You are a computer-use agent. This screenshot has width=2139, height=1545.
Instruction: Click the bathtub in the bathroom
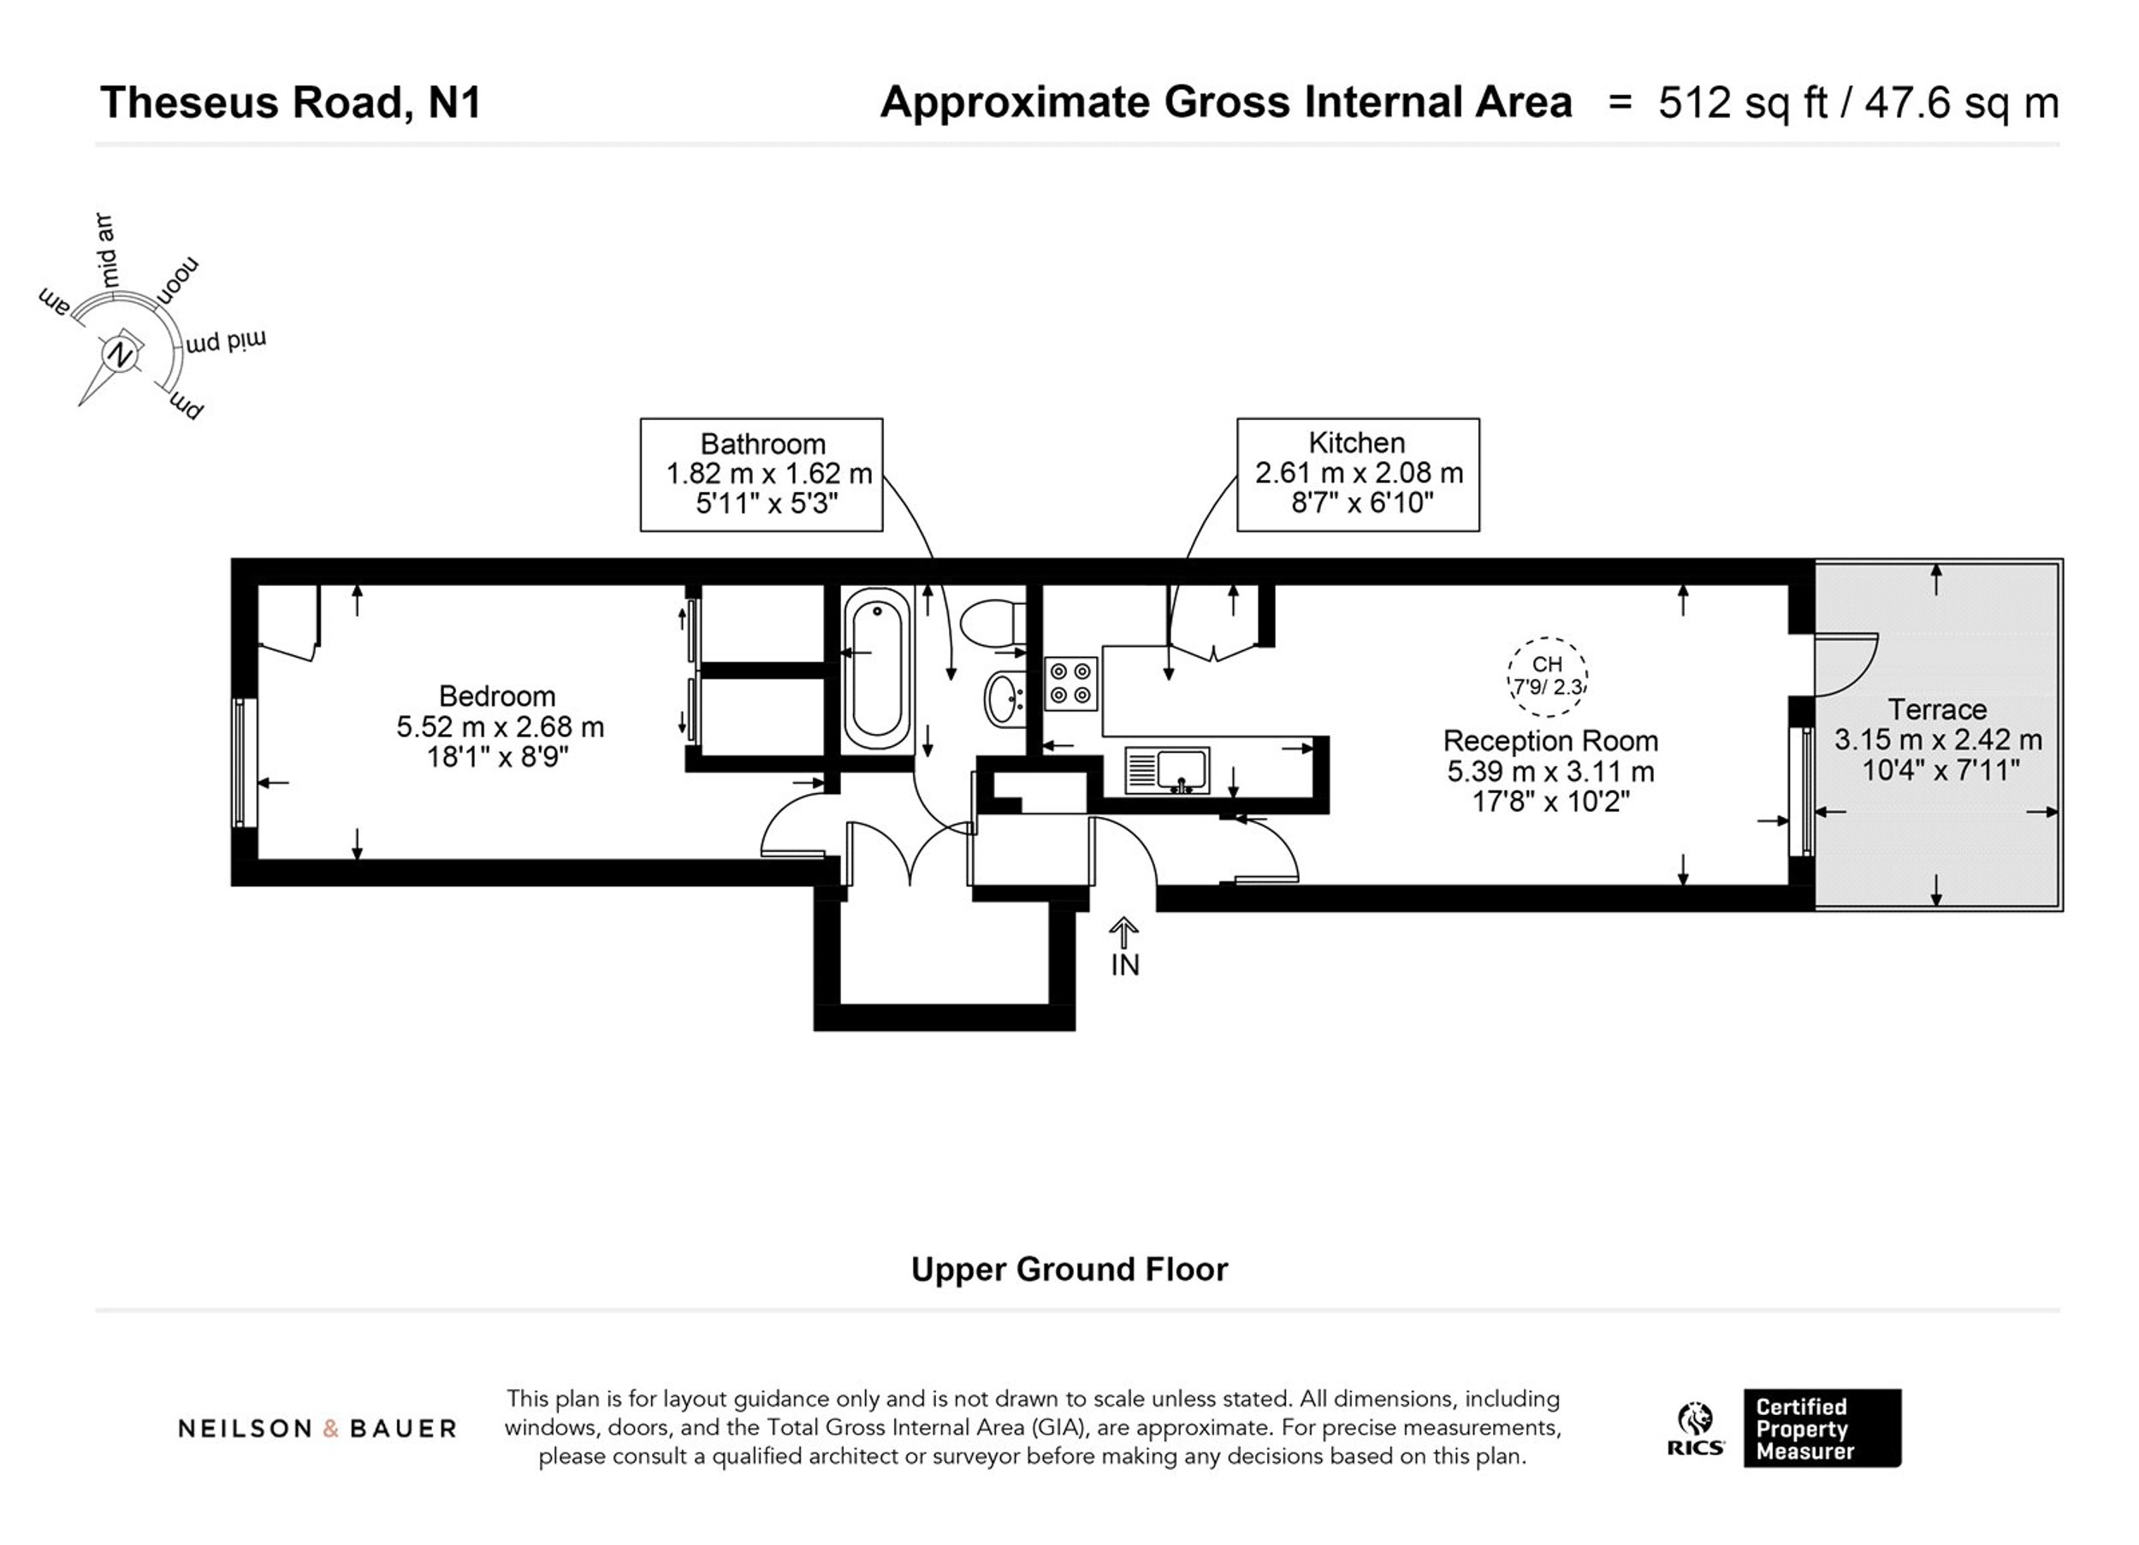[x=877, y=669]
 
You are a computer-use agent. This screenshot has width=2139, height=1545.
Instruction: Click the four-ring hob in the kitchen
[x=1071, y=684]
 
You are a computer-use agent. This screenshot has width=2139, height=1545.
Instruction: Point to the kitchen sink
[x=1168, y=770]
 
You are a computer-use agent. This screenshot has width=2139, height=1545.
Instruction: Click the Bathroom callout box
[x=762, y=475]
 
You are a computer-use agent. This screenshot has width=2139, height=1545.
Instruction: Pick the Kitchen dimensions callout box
[x=1358, y=475]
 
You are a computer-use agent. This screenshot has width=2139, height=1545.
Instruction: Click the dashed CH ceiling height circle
[x=1548, y=677]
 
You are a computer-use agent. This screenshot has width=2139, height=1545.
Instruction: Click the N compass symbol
[x=120, y=356]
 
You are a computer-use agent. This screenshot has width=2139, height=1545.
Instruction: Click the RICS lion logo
[x=1695, y=1429]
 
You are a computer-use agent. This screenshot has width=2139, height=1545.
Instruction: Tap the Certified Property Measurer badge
[x=1822, y=1428]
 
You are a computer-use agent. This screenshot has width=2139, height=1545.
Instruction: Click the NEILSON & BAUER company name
[x=317, y=1429]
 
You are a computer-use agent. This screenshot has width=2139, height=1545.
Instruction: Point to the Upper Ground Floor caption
[x=1069, y=1270]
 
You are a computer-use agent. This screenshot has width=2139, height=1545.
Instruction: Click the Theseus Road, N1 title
[x=291, y=103]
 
